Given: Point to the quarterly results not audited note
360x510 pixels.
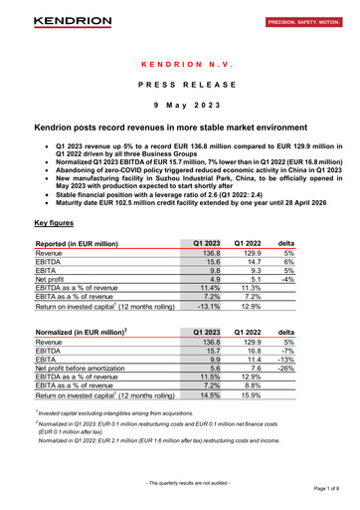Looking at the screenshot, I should click(x=180, y=483).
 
